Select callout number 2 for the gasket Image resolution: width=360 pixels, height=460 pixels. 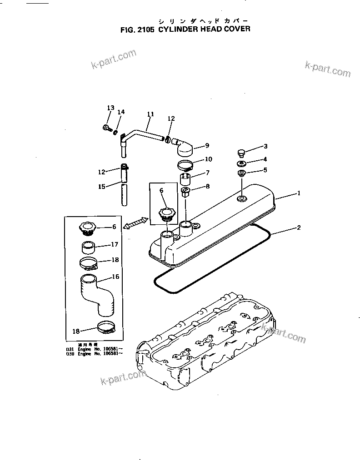299,228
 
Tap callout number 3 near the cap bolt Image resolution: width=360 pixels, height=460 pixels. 266,146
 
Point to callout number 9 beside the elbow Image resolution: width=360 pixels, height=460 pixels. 207,146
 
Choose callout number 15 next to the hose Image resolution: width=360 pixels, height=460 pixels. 102,187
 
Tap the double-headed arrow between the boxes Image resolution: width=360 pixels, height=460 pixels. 135,223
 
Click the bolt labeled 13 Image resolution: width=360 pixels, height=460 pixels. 107,128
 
